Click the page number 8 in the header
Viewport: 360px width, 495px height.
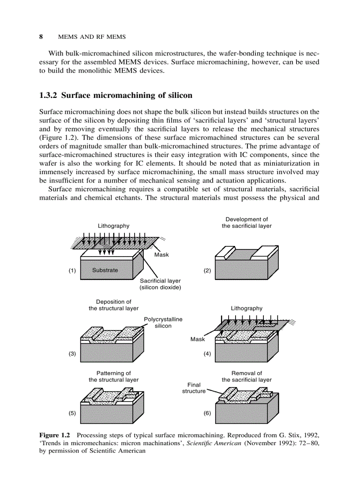(x=41, y=37)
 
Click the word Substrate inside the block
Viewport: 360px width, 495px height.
(x=105, y=270)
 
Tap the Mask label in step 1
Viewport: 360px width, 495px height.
(x=161, y=255)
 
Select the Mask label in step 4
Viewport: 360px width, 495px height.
(x=198, y=339)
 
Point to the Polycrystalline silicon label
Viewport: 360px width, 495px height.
(x=163, y=322)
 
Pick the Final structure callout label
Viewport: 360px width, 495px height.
(x=194, y=388)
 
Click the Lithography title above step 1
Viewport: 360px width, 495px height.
(x=113, y=226)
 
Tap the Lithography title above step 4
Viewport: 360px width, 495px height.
(x=246, y=309)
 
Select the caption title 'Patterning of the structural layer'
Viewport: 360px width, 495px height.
(x=113, y=376)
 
